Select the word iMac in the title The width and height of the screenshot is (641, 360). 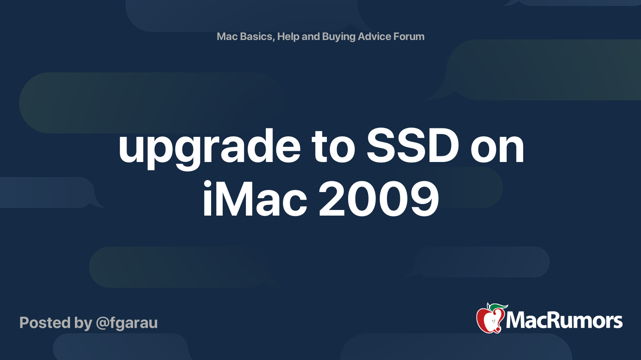(x=255, y=199)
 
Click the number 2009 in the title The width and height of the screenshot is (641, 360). (x=379, y=199)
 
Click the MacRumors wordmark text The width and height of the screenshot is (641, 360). (x=564, y=320)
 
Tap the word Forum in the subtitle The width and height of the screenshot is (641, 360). (x=409, y=36)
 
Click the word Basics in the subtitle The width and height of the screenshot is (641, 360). (x=256, y=36)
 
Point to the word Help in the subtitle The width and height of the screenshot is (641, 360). (x=288, y=36)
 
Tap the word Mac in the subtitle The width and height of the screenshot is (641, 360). (x=227, y=36)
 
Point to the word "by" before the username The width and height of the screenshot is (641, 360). (x=83, y=323)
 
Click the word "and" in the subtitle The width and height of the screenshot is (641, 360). (x=310, y=36)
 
